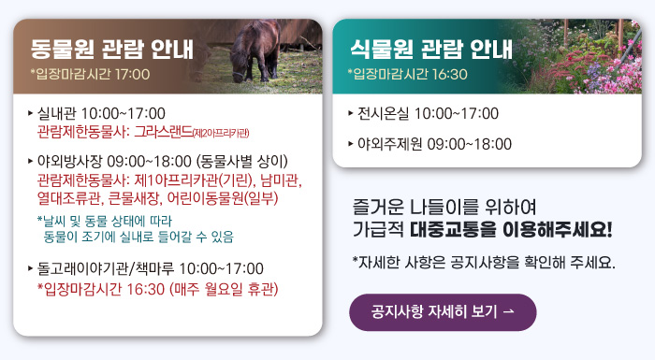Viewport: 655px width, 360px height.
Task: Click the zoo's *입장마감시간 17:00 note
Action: [90, 73]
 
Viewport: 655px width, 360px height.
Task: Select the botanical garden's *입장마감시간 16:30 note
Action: [407, 73]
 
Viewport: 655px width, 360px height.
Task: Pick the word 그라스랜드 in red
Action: [163, 132]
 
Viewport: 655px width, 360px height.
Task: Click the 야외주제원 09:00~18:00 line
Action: [434, 144]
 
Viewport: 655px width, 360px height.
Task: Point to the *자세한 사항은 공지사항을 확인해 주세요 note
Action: [484, 261]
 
